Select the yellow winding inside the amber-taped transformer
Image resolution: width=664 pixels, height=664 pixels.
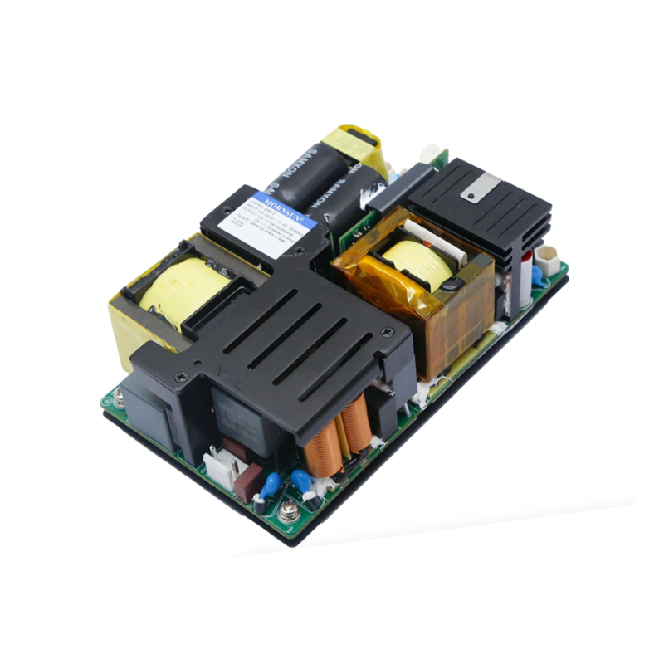pyautogui.click(x=412, y=257)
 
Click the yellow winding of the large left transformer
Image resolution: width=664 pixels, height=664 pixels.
pyautogui.click(x=183, y=286)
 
